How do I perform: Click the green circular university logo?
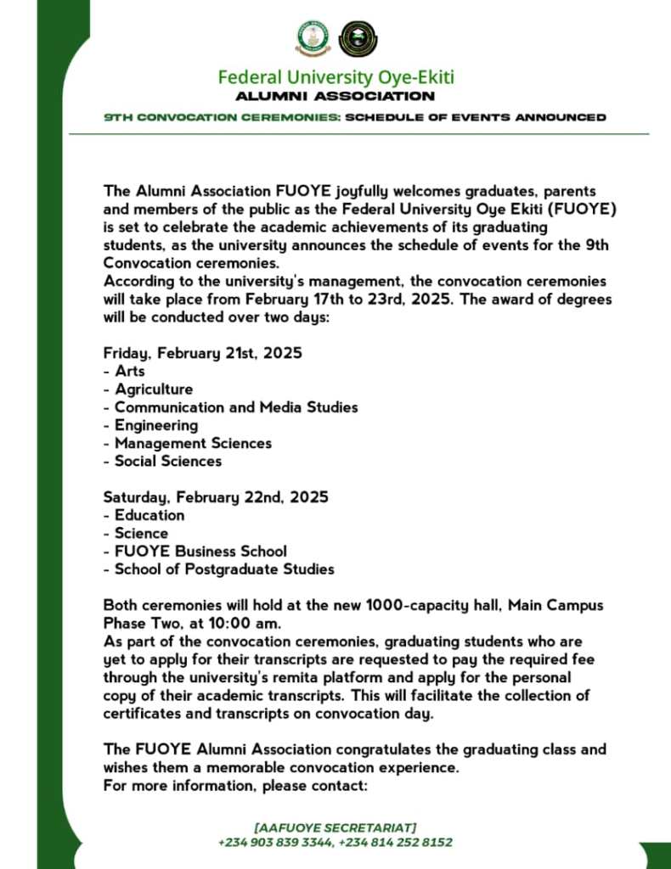[x=313, y=38]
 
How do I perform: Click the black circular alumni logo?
[x=358, y=38]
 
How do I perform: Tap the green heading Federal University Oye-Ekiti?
[x=335, y=77]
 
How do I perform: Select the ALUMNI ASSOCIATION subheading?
[x=335, y=97]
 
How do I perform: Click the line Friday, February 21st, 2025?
[x=202, y=352]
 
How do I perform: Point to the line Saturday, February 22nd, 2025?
[x=216, y=496]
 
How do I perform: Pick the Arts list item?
[x=130, y=371]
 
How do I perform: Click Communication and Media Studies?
[x=236, y=407]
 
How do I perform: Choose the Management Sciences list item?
[x=193, y=443]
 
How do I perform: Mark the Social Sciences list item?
[x=168, y=461]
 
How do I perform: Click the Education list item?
[x=149, y=515]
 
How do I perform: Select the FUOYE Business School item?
[x=200, y=551]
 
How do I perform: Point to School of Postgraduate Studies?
[x=224, y=569]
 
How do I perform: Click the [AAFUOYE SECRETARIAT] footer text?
[x=335, y=827]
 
